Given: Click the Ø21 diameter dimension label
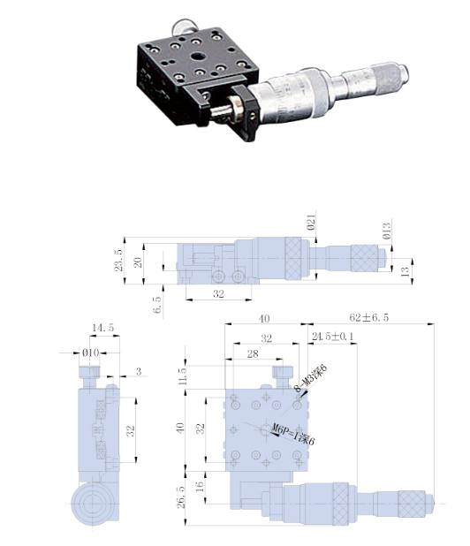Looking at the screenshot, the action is [311, 222].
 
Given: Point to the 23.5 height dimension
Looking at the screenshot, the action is [118, 260].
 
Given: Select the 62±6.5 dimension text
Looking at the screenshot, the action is [369, 317].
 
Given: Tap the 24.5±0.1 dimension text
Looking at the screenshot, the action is [332, 337].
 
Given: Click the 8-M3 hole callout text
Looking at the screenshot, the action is [311, 378].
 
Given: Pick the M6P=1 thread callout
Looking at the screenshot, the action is [293, 434].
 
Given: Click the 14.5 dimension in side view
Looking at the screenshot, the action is [103, 328].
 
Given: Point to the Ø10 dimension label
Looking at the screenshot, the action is [90, 353].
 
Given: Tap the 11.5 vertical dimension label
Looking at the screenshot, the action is [183, 375].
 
